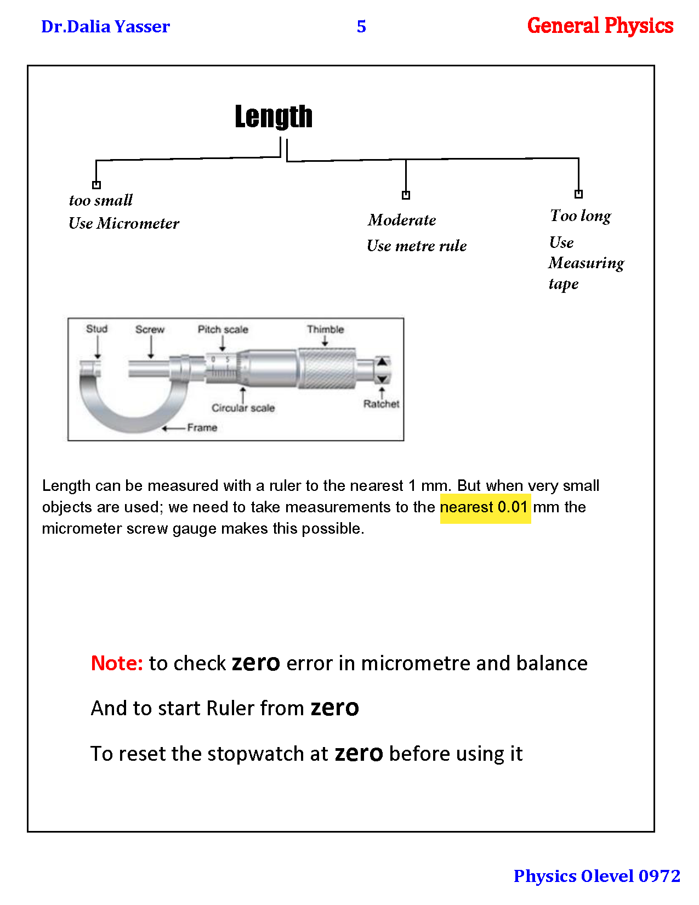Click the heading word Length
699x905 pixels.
(274, 117)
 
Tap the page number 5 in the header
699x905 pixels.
(361, 26)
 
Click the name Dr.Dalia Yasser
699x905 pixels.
(105, 26)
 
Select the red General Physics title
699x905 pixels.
(600, 26)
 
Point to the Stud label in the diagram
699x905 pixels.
(96, 329)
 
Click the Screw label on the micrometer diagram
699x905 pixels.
(150, 330)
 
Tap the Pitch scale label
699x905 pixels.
(223, 330)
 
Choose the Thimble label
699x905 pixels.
(325, 330)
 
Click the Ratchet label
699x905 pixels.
(381, 404)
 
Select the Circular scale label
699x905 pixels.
(243, 408)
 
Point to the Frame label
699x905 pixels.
(202, 428)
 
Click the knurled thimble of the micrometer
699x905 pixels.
(327, 369)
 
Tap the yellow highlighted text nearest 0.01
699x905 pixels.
(485, 507)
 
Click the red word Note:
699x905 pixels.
(117, 664)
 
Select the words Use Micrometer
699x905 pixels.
(124, 224)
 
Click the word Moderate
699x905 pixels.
(402, 220)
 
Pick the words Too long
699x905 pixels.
(580, 216)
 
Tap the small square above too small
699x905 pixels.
(96, 185)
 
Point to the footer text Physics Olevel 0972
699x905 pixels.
(596, 876)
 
